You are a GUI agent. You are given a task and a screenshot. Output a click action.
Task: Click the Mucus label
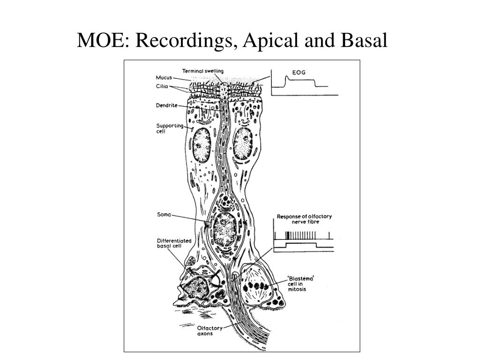pyautogui.click(x=164, y=77)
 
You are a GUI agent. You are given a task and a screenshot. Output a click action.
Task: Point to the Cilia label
pyautogui.click(x=162, y=86)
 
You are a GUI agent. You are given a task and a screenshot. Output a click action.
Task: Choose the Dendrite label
pyautogui.click(x=166, y=105)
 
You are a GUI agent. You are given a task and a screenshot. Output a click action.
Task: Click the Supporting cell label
pyautogui.click(x=170, y=128)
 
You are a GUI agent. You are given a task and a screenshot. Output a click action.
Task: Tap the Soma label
pyautogui.click(x=164, y=216)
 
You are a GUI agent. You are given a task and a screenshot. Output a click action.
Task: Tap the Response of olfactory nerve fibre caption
pyautogui.click(x=304, y=219)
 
